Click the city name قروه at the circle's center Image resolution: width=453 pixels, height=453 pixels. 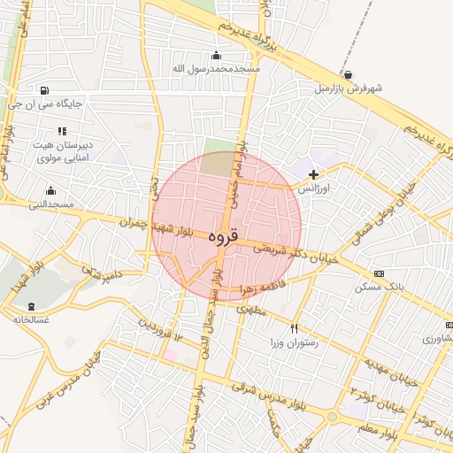coord(224,236)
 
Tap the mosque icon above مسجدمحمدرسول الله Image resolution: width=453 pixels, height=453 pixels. coord(217,55)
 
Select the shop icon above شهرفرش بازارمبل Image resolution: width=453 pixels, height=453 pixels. coord(348,75)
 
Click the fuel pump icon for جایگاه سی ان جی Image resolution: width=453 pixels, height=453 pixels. coord(44,89)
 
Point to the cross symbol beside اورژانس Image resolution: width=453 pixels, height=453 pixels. coord(313,174)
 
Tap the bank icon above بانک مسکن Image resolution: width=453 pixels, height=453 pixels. coord(380,273)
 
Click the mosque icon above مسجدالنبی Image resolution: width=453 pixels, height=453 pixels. coord(50,190)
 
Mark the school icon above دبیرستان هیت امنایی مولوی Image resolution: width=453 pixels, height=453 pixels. coord(62,131)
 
